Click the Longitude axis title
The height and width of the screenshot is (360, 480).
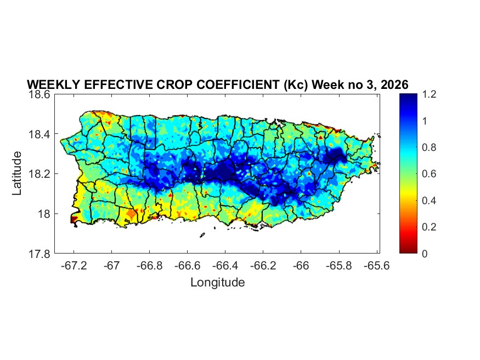tap(217, 283)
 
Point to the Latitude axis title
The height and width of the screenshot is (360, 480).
tap(17, 173)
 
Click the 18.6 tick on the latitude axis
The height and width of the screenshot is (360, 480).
tap(40, 94)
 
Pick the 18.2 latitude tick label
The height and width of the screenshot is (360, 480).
tap(40, 174)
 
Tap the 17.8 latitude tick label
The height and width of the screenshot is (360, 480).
tap(40, 254)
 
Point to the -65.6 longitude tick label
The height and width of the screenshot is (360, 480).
tap(376, 266)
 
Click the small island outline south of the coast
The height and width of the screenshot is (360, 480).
tap(202, 235)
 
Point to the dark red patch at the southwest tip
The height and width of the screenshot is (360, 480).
tap(74, 219)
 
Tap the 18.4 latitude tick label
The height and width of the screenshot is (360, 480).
tap(40, 134)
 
